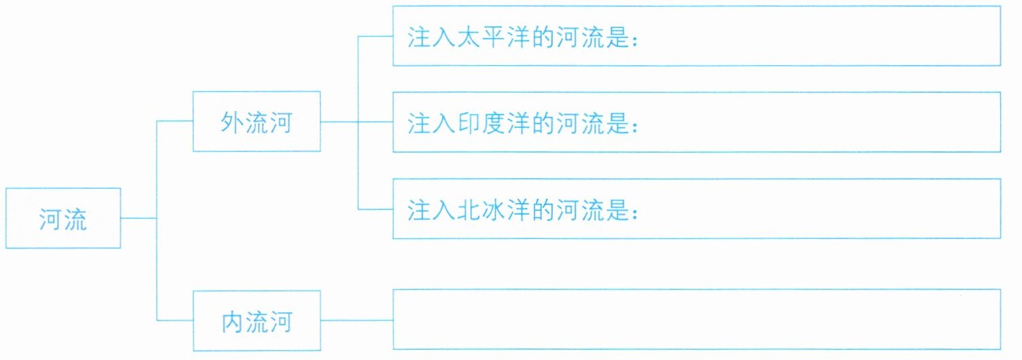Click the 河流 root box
[x=62, y=218]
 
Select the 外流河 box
[x=256, y=122]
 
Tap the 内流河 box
[x=256, y=321]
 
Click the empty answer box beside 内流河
[x=696, y=319]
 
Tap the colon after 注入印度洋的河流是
[x=635, y=124]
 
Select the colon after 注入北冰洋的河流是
[x=635, y=211]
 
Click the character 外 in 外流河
[x=232, y=122]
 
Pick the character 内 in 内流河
[x=232, y=321]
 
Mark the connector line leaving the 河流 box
[x=139, y=218]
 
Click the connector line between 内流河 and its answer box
[x=357, y=320]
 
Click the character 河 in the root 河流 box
[x=51, y=218]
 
